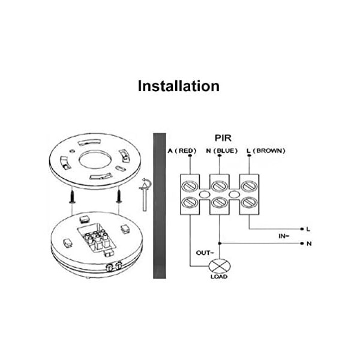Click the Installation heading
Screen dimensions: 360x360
(x=179, y=86)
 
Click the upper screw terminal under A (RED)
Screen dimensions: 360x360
(x=191, y=183)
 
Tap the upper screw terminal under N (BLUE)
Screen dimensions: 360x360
(x=220, y=183)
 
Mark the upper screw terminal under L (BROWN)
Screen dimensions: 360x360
(x=248, y=183)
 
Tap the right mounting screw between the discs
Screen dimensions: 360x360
(x=119, y=195)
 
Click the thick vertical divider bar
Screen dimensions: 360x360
(x=158, y=204)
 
